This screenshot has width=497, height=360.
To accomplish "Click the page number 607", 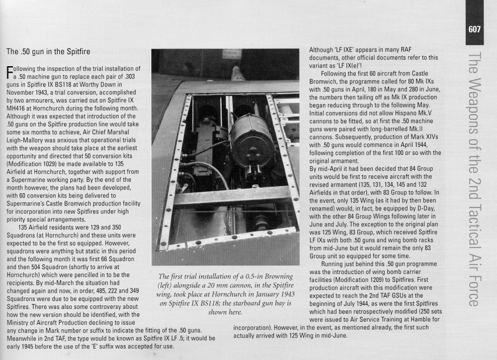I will tap(474, 29).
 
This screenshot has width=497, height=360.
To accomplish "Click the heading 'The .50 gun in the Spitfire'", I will tap(47, 51).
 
